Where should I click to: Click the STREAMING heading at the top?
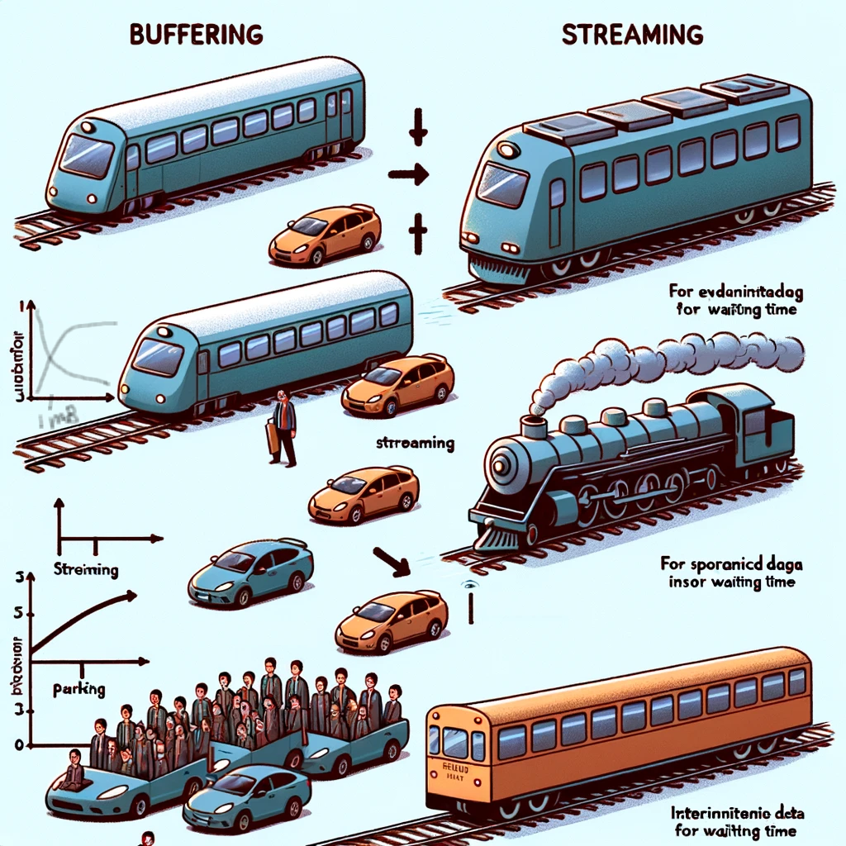tap(632, 35)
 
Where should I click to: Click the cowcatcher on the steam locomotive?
tap(496, 537)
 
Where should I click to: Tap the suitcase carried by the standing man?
tap(272, 438)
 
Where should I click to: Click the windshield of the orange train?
tap(454, 742)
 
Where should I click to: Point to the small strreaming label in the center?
tap(415, 443)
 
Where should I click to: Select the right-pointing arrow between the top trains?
tap(407, 173)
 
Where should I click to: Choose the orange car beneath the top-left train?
tap(326, 235)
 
